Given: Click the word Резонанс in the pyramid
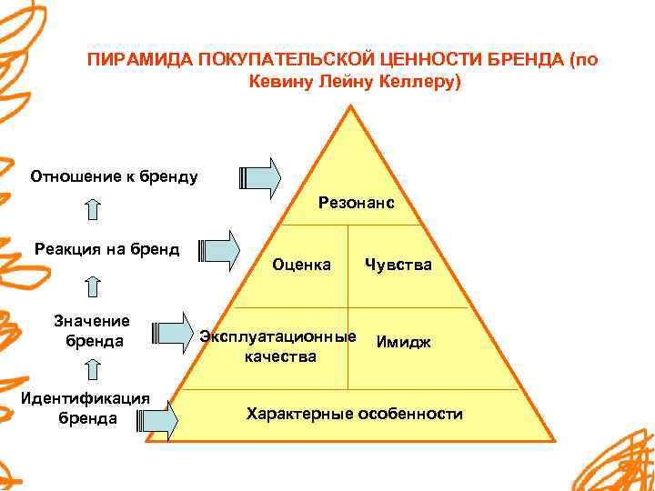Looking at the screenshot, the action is [356, 203].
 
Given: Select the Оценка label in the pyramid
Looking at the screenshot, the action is [302, 266].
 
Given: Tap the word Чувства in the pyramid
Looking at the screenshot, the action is [398, 266].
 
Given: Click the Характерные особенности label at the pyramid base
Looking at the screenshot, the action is [354, 414].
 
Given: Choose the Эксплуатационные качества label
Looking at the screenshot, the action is [278, 346].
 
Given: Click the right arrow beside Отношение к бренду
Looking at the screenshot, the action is [262, 178].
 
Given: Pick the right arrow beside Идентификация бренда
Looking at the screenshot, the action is [160, 418].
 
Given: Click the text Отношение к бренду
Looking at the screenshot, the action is [114, 175].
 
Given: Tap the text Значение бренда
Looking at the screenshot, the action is [92, 331].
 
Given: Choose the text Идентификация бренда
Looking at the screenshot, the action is [86, 409].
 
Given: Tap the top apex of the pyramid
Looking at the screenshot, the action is [348, 110].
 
